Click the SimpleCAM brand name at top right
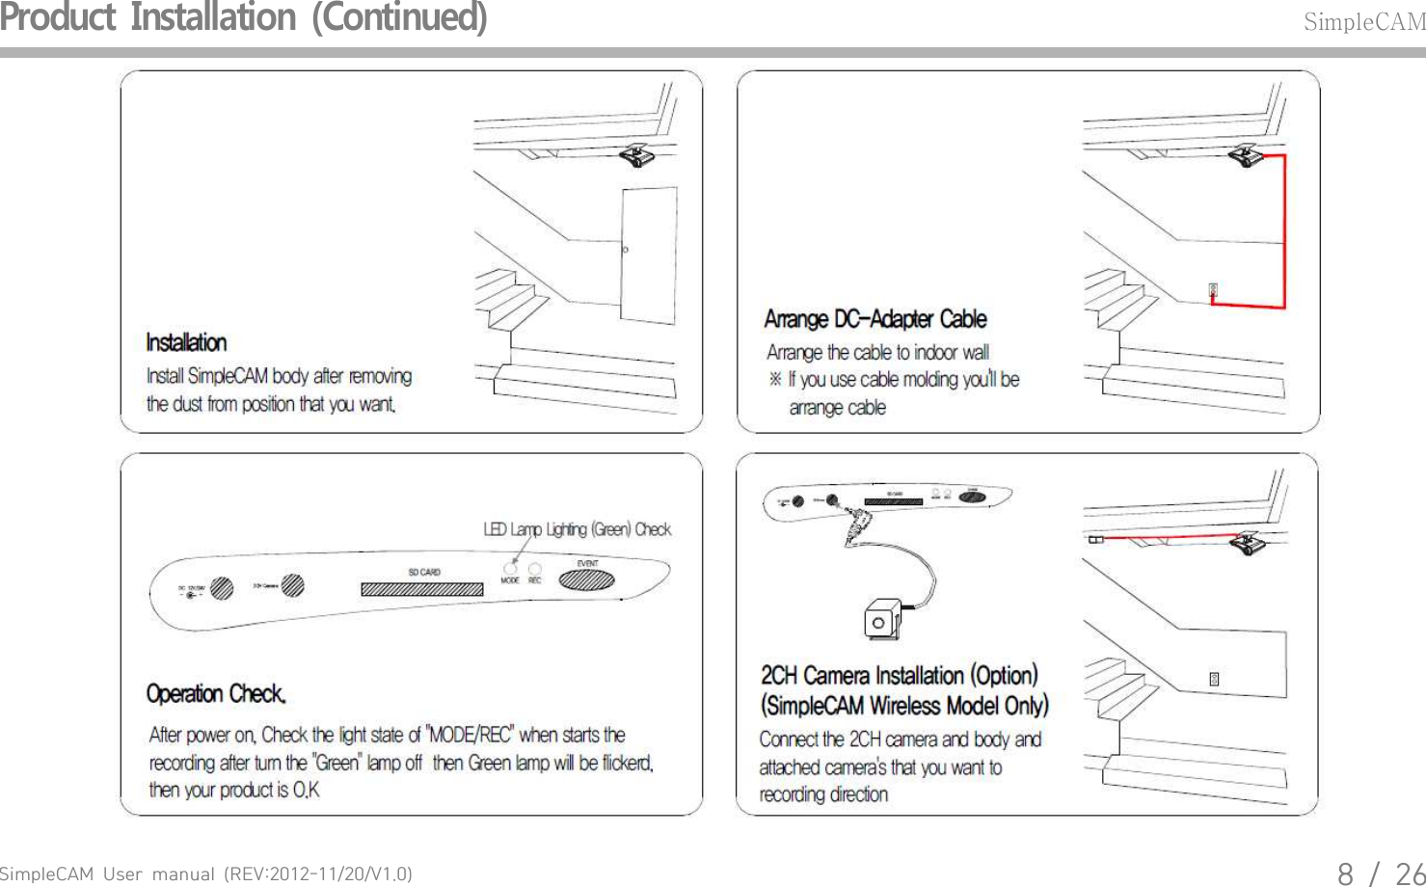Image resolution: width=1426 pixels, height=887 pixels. click(x=1363, y=22)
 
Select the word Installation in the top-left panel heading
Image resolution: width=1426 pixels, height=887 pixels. click(x=186, y=342)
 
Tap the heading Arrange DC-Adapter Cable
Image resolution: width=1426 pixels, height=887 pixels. click(x=874, y=319)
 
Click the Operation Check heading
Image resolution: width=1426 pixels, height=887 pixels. click(x=216, y=693)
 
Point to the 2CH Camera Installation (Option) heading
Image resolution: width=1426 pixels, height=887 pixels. click(x=899, y=675)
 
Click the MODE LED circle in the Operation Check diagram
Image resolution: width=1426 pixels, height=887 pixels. click(x=510, y=568)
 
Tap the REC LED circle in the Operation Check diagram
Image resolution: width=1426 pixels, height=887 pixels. click(x=535, y=568)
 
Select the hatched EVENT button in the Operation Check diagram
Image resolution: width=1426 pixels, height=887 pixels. click(x=587, y=580)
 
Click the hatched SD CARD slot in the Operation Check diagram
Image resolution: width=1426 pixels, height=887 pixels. click(x=422, y=588)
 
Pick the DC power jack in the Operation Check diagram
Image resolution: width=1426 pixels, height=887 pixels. click(x=223, y=587)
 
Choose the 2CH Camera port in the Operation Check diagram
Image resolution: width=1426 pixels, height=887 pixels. click(x=293, y=585)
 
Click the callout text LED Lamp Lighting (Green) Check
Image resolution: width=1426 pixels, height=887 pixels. click(x=577, y=529)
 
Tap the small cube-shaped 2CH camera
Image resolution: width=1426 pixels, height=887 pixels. click(x=881, y=620)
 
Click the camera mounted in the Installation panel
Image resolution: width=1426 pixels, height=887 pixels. click(x=637, y=156)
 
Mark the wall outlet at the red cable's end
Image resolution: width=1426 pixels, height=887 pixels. click(x=1213, y=289)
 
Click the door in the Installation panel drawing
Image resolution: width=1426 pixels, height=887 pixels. click(x=648, y=255)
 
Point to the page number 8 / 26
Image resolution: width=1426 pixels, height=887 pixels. click(x=1380, y=874)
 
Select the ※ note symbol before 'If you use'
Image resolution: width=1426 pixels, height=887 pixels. click(x=775, y=379)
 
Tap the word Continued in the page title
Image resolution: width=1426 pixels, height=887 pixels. click(x=399, y=18)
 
